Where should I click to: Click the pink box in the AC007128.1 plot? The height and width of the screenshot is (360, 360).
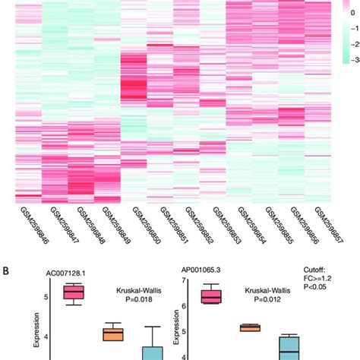coord(74,292)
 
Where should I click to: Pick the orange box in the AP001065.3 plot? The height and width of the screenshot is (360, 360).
coord(250,327)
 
